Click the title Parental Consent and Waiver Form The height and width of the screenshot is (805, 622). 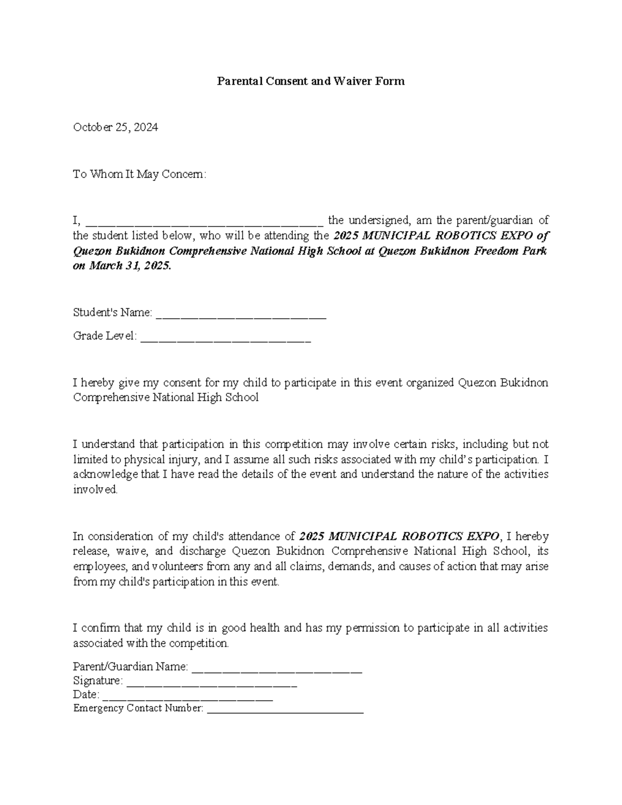pos(310,81)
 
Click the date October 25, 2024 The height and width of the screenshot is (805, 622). pos(115,127)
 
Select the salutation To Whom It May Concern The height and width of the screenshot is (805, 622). pos(139,174)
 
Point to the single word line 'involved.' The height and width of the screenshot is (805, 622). pos(95,489)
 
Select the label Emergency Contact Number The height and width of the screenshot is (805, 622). pos(138,708)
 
